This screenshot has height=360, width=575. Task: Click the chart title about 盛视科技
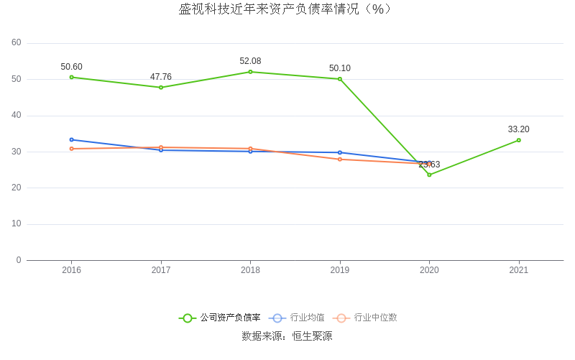[286, 9]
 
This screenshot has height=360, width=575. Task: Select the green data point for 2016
[71, 77]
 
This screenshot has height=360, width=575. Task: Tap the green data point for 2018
[250, 72]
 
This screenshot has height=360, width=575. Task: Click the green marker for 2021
[519, 140]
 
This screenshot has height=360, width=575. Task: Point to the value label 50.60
[71, 67]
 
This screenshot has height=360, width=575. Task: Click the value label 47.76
[161, 77]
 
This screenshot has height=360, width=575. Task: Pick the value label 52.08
[250, 61]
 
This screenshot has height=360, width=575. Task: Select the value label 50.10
[340, 68]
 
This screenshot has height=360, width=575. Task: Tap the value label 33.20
[519, 129]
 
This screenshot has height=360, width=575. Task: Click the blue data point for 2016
[71, 139]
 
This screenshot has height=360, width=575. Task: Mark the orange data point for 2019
[340, 159]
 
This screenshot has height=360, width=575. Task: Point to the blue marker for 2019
[340, 152]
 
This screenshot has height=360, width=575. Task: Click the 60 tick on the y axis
[17, 42]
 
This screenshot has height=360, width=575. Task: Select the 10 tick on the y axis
[17, 223]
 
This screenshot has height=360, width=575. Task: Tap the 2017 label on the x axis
[161, 270]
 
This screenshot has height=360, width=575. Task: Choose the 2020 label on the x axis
[429, 270]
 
